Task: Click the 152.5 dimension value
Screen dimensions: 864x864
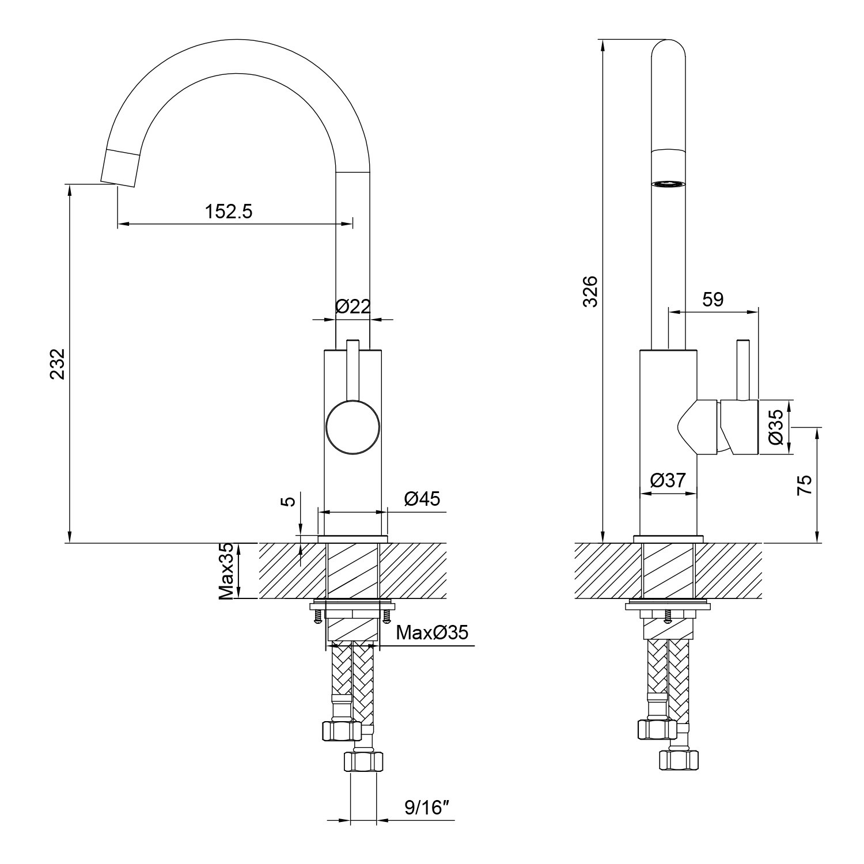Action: coord(229,212)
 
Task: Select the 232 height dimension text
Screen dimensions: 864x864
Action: coord(58,364)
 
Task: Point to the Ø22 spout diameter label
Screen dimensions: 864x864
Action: coord(353,306)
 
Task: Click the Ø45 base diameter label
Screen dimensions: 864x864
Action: coord(422,499)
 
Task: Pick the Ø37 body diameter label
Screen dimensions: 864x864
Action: coord(668,480)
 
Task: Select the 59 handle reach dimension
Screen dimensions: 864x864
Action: coord(713,300)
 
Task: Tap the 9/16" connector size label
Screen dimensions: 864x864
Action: coord(427,808)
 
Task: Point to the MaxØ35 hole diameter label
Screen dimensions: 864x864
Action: coord(432,632)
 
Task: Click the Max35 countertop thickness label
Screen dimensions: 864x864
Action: coord(227,571)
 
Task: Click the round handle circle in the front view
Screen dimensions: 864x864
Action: coord(353,428)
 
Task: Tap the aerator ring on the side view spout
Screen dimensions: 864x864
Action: coord(668,184)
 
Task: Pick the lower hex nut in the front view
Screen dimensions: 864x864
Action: coord(363,761)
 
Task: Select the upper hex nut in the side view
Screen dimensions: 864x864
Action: coord(657,729)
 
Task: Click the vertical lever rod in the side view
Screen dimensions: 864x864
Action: coord(742,370)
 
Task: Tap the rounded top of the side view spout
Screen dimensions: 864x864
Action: coord(668,49)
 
